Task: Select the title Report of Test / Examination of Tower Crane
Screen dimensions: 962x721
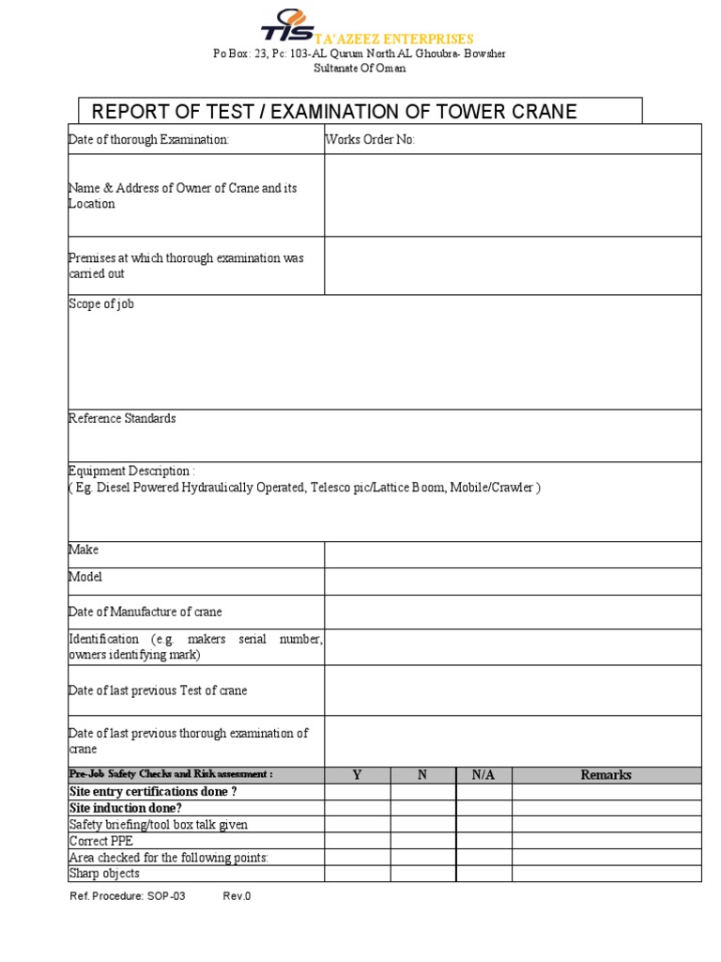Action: pos(333,113)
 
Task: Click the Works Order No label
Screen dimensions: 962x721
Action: pos(370,140)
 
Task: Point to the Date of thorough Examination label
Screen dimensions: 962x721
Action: pos(149,140)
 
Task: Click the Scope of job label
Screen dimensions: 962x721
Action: pos(101,304)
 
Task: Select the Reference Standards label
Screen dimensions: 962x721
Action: pos(122,419)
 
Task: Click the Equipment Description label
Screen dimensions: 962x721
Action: pos(132,471)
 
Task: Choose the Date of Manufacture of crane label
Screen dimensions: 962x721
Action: pos(146,613)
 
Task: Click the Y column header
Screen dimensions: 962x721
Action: pos(357,775)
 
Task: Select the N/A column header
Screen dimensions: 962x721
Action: pos(483,775)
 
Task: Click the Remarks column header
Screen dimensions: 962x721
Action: pos(606,775)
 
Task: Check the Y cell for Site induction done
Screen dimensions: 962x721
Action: pos(357,808)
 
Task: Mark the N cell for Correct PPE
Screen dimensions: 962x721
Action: pos(422,841)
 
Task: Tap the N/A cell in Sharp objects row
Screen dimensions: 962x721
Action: pos(483,874)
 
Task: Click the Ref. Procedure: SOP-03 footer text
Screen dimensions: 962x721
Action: pos(128,896)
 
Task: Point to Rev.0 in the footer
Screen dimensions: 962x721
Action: pos(237,896)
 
